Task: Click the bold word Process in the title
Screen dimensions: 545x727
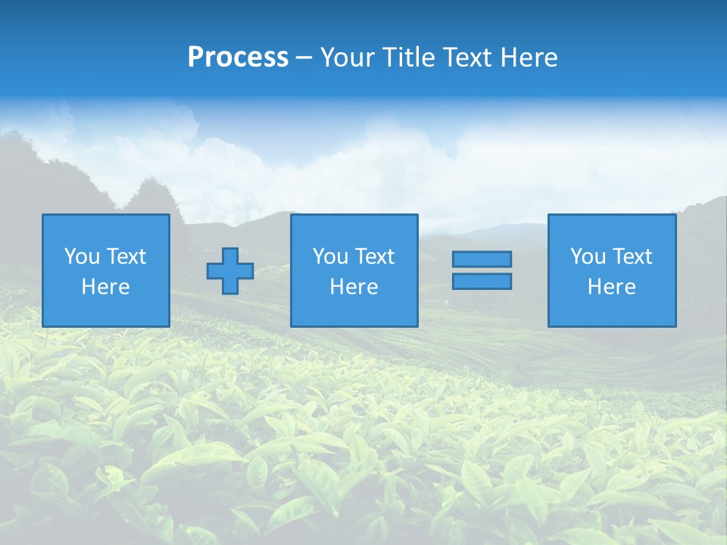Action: click(238, 58)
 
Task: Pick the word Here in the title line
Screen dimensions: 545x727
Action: click(530, 58)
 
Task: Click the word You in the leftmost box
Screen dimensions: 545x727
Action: click(82, 257)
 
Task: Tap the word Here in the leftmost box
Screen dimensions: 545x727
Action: click(105, 287)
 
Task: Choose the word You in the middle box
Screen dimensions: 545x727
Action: click(330, 257)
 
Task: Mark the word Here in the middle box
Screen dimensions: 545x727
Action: click(354, 287)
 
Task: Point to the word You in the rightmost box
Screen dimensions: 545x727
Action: click(588, 257)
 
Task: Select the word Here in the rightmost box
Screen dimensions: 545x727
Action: click(611, 287)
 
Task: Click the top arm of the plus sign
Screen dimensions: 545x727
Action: click(230, 255)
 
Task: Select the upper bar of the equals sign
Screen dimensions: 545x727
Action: click(482, 260)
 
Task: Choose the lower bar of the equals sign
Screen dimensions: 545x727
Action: click(482, 282)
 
